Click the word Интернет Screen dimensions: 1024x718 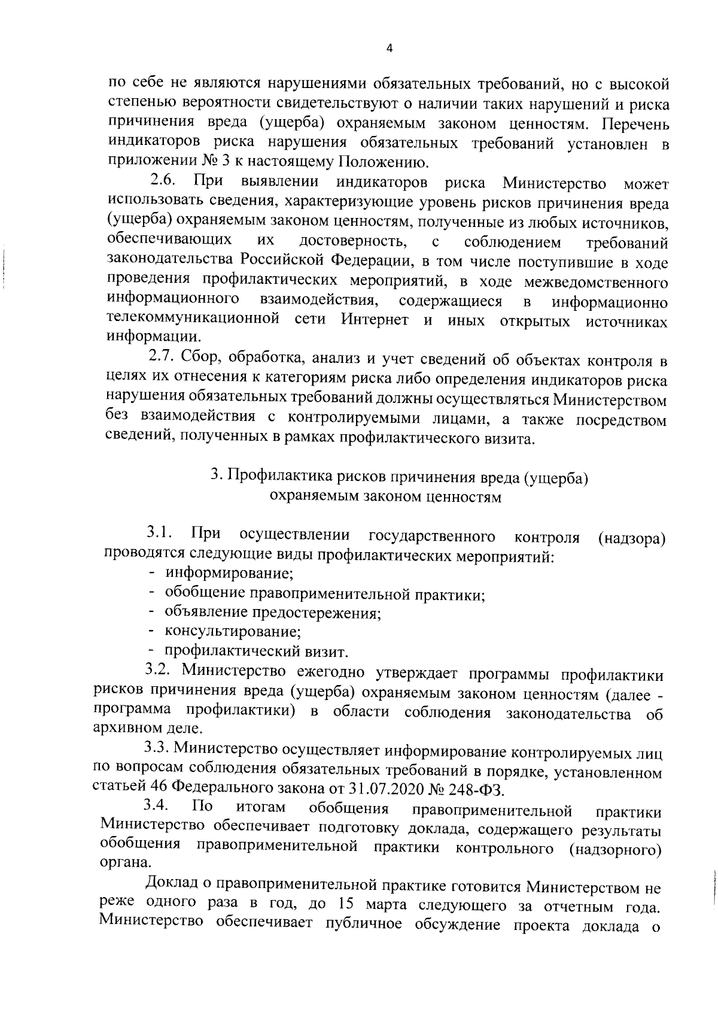click(x=375, y=319)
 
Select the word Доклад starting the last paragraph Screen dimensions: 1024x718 click(x=175, y=883)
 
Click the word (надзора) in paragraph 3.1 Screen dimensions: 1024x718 click(x=632, y=538)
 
